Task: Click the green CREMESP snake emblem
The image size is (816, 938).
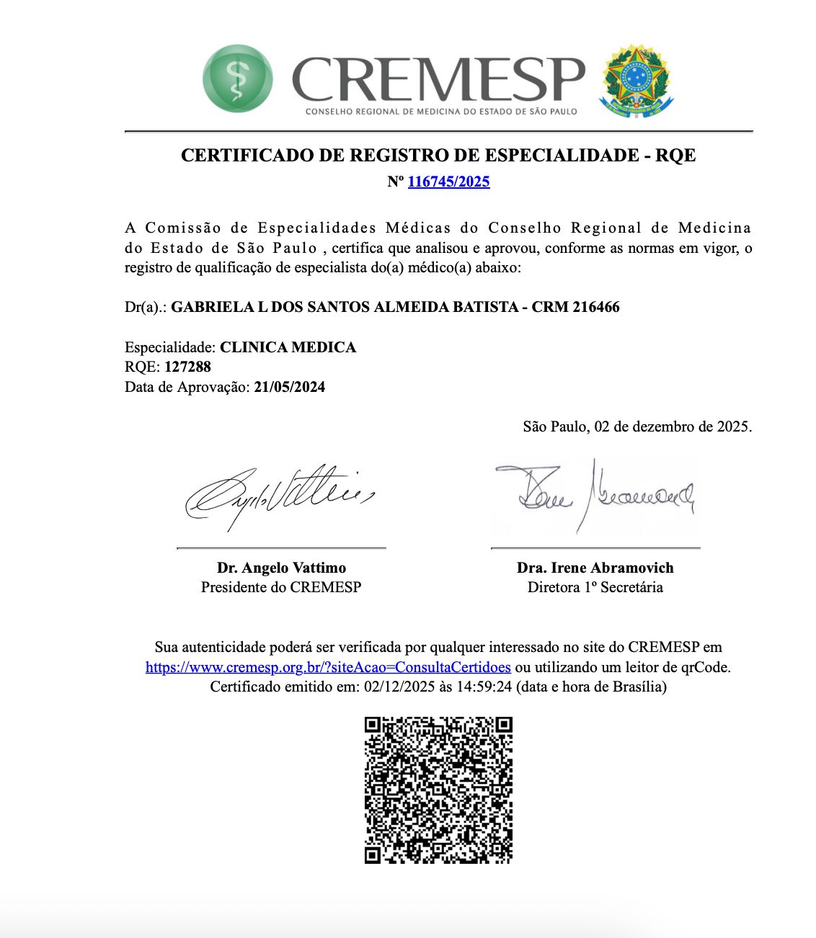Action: pyautogui.click(x=237, y=79)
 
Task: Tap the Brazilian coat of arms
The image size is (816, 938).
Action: pyautogui.click(x=637, y=81)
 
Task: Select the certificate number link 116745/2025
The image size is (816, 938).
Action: pyautogui.click(x=448, y=182)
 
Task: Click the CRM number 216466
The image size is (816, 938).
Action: pyautogui.click(x=595, y=307)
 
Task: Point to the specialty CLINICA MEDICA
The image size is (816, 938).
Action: pyautogui.click(x=288, y=347)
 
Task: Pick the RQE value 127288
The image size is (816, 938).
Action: pyautogui.click(x=187, y=367)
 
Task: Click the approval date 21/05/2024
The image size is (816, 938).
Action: pyautogui.click(x=289, y=387)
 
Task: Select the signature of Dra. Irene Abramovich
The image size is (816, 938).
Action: pyautogui.click(x=595, y=494)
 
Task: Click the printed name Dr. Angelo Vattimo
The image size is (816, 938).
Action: pyautogui.click(x=281, y=568)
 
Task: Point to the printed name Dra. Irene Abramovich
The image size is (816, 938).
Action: pyautogui.click(x=595, y=568)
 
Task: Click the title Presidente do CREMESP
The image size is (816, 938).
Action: pyautogui.click(x=281, y=587)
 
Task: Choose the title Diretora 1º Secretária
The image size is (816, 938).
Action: pyautogui.click(x=595, y=587)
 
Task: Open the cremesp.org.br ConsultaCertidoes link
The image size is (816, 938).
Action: pyautogui.click(x=328, y=667)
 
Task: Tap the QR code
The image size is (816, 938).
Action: pyautogui.click(x=438, y=790)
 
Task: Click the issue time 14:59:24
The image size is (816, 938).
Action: pyautogui.click(x=484, y=687)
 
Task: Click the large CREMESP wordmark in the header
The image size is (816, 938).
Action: pyautogui.click(x=438, y=79)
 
